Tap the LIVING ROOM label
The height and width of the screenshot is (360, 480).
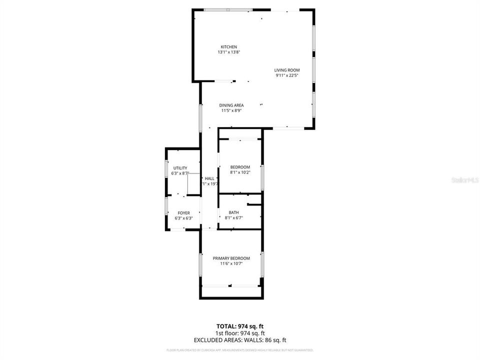point(287,70)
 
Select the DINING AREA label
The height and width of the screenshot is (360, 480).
point(231,105)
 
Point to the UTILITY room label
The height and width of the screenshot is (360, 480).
point(180,168)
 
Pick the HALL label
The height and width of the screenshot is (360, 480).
point(209,178)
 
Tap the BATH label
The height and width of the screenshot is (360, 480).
point(234,212)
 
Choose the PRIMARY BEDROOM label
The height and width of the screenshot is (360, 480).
point(231,258)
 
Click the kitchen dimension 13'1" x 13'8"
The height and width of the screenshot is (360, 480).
point(229,52)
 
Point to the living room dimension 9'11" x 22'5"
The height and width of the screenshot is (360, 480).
point(287,75)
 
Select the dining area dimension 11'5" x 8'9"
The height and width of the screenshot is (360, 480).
point(231,110)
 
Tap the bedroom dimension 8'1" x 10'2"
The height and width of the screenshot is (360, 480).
point(240,172)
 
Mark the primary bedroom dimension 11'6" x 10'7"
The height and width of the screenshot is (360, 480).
point(231,264)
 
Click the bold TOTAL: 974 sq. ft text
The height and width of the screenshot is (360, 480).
point(240,325)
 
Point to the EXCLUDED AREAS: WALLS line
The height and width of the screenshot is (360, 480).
point(240,340)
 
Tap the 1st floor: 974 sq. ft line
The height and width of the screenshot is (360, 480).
point(240,333)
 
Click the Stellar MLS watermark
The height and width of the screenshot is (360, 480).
point(465,179)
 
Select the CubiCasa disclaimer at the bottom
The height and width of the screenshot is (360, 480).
point(240,350)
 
